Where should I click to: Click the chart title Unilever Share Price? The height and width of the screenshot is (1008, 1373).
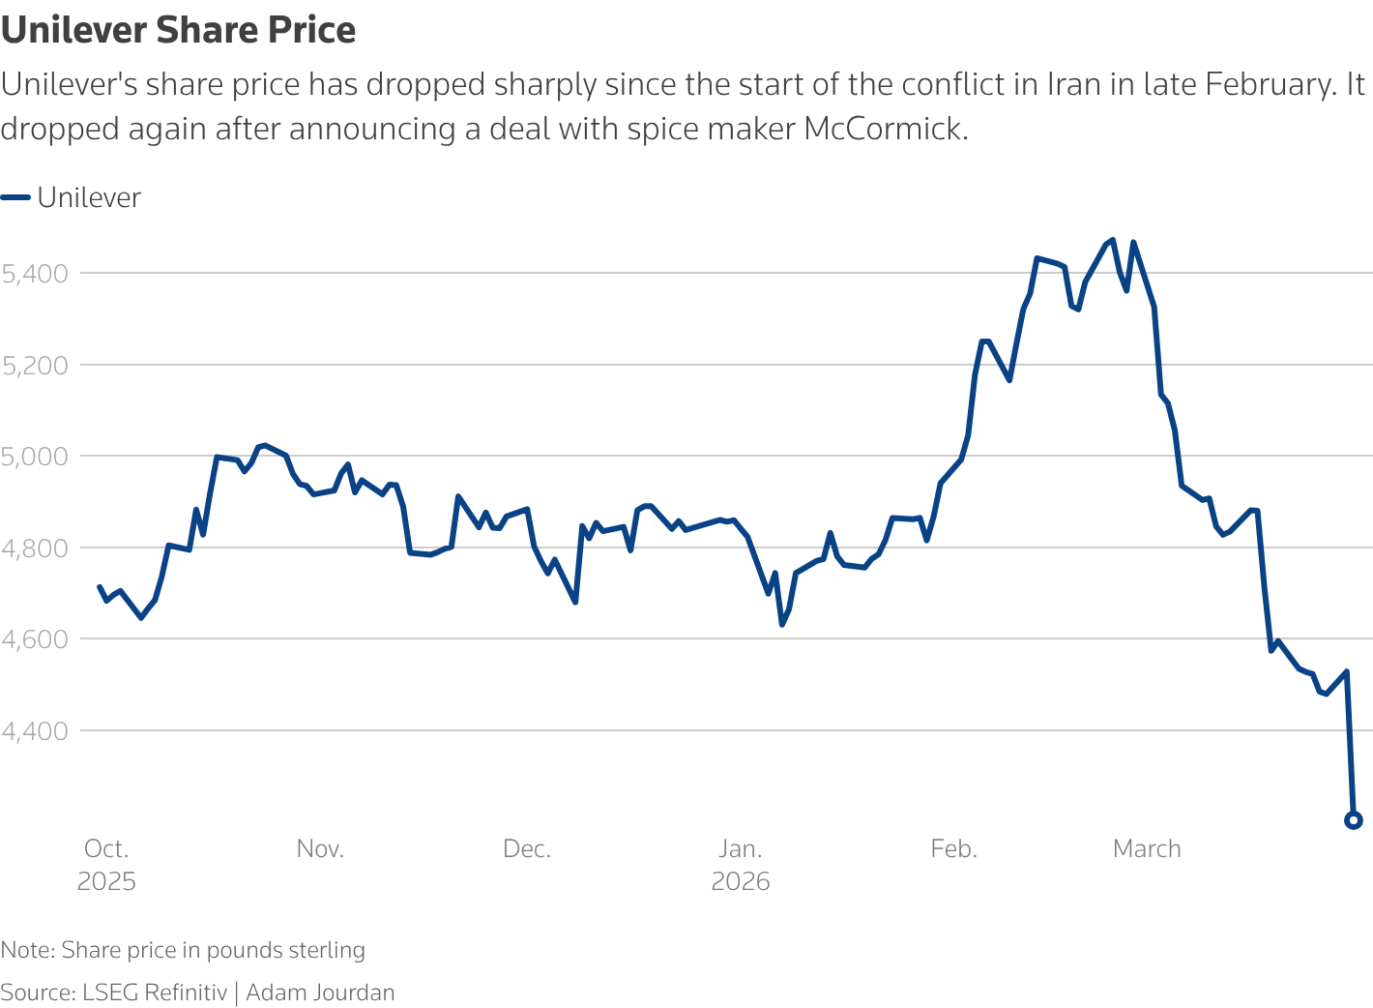coord(179,31)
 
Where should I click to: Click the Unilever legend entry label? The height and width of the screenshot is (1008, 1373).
coord(89,198)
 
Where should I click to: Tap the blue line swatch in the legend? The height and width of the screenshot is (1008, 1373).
coord(15,198)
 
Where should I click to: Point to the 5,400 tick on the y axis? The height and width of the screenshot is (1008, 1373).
coord(35,274)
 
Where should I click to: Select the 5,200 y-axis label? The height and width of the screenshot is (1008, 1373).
coord(35,366)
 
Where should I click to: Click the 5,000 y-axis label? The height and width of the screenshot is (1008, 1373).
coord(35,457)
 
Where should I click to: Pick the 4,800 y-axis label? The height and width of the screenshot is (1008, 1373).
coord(35,548)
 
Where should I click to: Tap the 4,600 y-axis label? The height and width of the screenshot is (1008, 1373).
coord(35,639)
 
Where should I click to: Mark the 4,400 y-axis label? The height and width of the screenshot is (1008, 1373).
coord(35,731)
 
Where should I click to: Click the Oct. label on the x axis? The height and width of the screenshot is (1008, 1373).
coord(106,849)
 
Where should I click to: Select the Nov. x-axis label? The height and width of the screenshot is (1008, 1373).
coord(320,849)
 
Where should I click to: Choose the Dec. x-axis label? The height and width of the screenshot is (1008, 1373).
coord(527,849)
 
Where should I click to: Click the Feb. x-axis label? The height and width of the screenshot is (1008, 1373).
coord(954,849)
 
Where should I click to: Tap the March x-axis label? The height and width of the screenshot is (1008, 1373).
coord(1147,849)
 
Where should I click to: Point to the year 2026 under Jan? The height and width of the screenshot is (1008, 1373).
coord(741,882)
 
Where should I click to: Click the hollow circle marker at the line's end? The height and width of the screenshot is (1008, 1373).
coord(1354,820)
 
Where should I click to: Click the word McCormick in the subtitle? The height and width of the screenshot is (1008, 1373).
coord(884,129)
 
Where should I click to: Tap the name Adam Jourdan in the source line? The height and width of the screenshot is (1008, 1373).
coord(320,993)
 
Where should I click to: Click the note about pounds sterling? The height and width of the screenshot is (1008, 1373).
coord(183,950)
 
